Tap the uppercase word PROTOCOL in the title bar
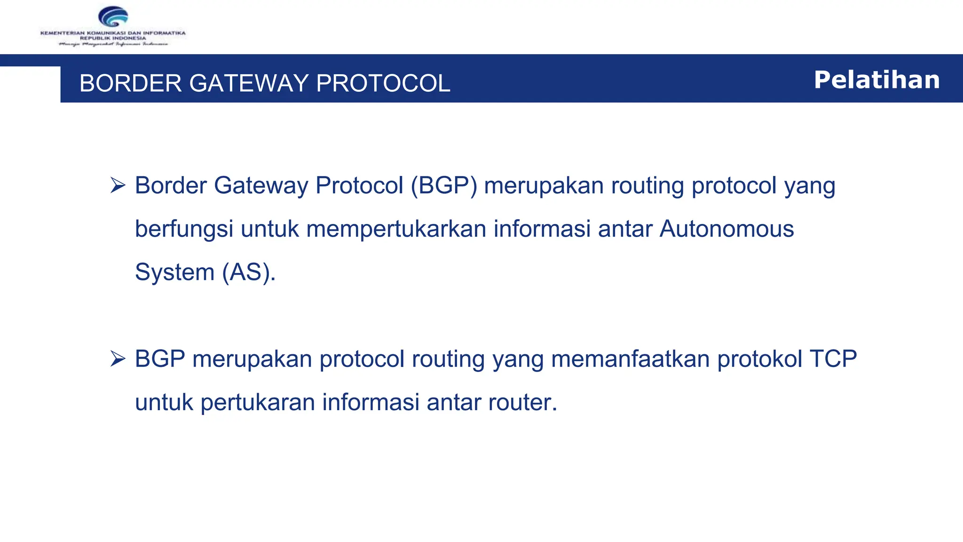(x=383, y=83)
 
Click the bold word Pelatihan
(x=877, y=80)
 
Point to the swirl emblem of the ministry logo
(x=113, y=17)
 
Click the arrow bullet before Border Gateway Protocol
(x=118, y=185)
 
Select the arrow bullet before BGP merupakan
(x=118, y=359)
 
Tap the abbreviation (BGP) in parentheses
(x=444, y=185)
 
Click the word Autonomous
(x=726, y=229)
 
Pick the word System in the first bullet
(x=174, y=272)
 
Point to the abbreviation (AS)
(x=249, y=272)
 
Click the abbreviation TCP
(x=833, y=359)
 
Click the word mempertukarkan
(x=396, y=229)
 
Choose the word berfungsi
(x=184, y=229)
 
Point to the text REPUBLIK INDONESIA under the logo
(x=113, y=38)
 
